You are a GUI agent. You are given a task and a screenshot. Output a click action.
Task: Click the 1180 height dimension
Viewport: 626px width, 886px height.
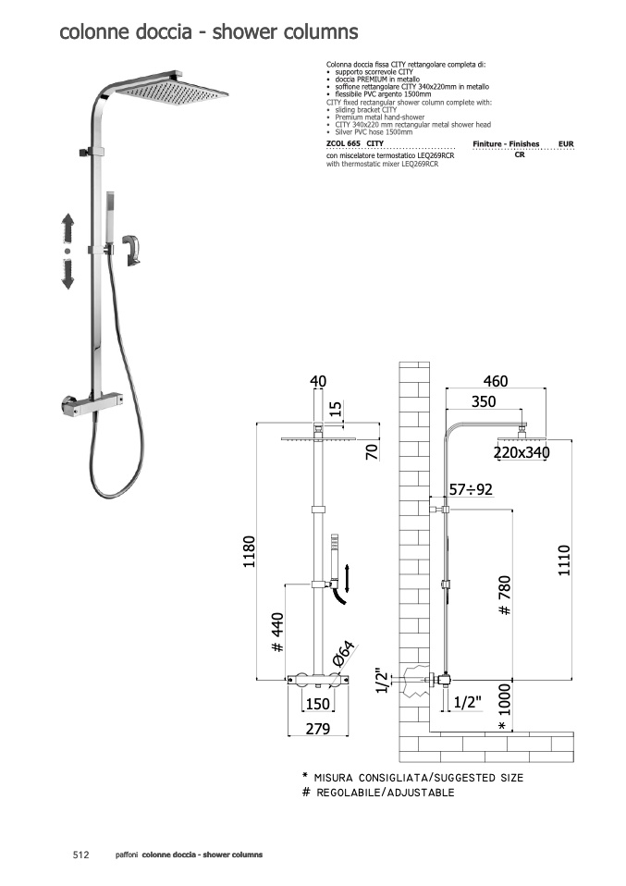click(249, 551)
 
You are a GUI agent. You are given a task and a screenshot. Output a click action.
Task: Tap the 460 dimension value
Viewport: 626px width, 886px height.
click(496, 381)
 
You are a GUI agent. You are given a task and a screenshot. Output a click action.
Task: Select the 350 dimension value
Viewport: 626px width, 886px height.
click(484, 401)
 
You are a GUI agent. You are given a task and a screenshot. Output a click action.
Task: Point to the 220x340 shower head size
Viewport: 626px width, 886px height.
click(522, 452)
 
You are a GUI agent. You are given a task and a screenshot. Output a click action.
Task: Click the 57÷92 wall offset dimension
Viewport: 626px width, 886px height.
click(472, 488)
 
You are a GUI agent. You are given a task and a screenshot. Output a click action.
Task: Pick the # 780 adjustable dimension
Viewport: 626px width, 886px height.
click(505, 596)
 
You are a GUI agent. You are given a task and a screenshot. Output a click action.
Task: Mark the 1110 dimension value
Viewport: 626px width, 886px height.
click(564, 560)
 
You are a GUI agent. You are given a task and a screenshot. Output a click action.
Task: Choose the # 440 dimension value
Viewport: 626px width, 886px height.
click(277, 633)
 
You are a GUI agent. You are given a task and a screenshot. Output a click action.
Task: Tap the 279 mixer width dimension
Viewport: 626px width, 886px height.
click(317, 729)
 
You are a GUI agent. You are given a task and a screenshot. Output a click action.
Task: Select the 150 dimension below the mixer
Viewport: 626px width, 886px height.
click(317, 704)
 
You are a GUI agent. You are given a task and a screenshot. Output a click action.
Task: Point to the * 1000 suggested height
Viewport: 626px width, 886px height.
click(505, 708)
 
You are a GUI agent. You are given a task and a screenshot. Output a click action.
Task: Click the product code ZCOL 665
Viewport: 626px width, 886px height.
click(343, 143)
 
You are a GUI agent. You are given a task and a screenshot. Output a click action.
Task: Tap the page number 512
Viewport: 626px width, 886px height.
click(81, 855)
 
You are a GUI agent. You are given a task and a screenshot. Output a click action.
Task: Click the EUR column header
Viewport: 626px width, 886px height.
click(566, 144)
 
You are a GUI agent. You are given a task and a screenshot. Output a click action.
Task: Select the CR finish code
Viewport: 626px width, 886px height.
click(520, 154)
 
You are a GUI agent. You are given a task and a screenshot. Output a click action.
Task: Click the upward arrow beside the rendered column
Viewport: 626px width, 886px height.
click(68, 228)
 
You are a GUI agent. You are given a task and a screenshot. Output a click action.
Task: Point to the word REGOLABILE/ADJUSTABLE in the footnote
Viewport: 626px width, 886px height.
click(386, 793)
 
